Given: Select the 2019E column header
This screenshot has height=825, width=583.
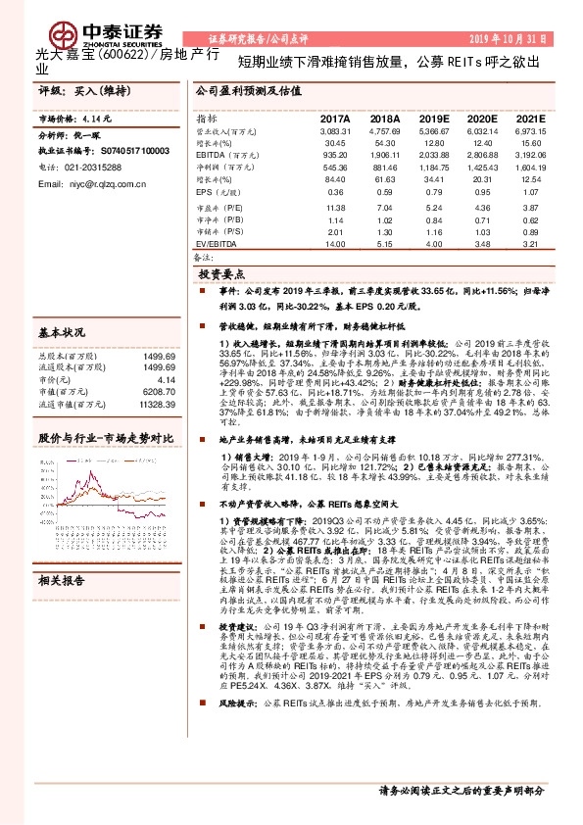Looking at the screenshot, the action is pos(434,120).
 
